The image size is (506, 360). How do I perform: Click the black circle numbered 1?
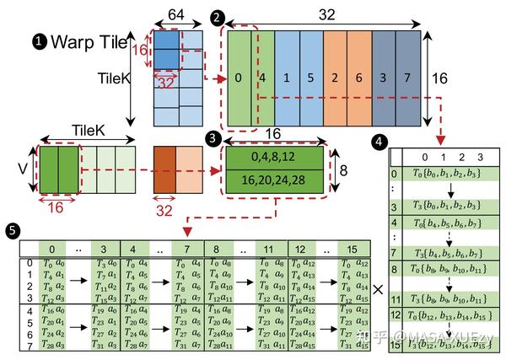click(39, 40)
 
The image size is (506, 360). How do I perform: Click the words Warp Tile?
click(88, 40)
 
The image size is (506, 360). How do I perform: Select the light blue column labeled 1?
click(287, 78)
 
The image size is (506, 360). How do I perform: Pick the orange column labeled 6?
click(359, 78)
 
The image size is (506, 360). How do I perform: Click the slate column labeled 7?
click(408, 78)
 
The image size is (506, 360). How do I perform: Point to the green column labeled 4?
click(262, 78)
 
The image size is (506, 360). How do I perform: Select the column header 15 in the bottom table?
click(352, 249)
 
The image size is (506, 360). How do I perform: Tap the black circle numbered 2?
click(218, 17)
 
